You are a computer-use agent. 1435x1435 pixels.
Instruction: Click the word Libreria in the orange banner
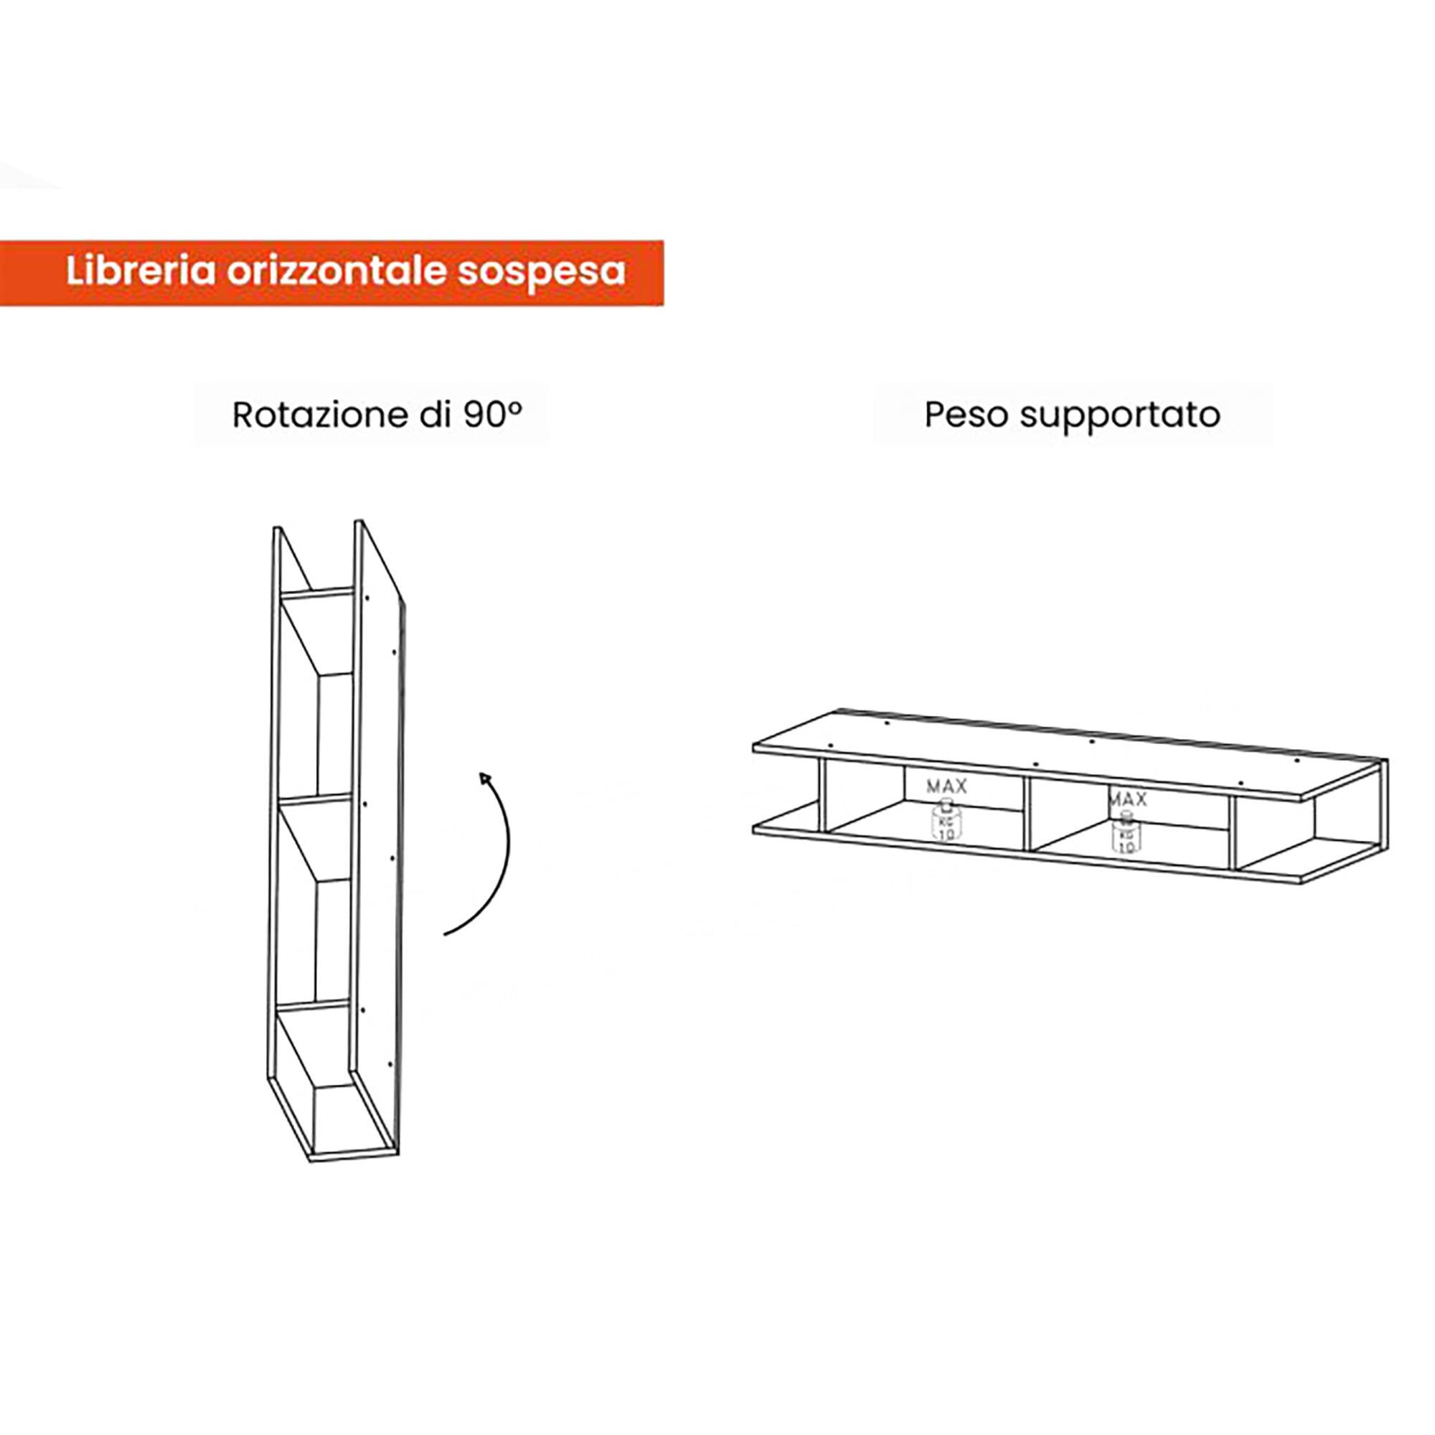141,271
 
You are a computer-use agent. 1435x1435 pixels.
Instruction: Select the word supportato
1120,417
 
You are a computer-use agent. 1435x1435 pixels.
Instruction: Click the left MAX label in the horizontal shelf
946,786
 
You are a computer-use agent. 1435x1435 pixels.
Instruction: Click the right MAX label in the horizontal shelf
1127,799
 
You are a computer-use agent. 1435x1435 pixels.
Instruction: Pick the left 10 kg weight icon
946,820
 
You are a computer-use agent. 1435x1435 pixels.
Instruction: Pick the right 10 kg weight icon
1126,832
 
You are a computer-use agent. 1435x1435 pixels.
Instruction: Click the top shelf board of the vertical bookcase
316,594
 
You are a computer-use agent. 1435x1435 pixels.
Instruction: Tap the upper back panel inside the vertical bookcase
335,735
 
